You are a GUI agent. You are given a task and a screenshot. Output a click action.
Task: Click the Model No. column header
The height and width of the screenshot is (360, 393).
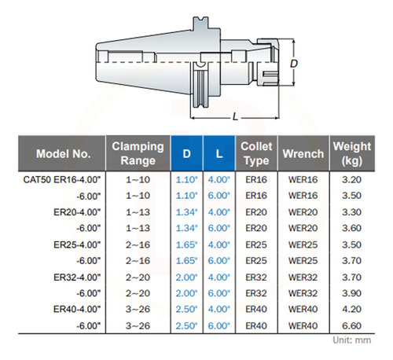point(64,154)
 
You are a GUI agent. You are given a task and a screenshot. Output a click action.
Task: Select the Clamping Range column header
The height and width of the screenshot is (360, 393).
point(138,153)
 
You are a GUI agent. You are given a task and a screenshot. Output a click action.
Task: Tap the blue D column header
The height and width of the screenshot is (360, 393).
point(186,154)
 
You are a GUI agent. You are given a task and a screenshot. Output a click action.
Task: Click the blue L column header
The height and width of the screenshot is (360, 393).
point(219,154)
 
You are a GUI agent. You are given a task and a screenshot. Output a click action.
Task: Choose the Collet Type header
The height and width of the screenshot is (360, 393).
point(256,153)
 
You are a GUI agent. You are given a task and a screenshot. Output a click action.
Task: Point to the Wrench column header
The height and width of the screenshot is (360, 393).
point(303,154)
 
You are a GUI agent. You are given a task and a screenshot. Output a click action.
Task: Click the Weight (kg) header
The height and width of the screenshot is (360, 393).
point(352,153)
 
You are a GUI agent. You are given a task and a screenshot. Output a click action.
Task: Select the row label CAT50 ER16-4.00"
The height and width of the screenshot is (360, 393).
point(62,180)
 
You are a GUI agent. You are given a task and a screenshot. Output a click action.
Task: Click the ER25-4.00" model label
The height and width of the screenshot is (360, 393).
point(77,244)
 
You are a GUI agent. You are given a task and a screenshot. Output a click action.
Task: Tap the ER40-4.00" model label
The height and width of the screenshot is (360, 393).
point(77,309)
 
